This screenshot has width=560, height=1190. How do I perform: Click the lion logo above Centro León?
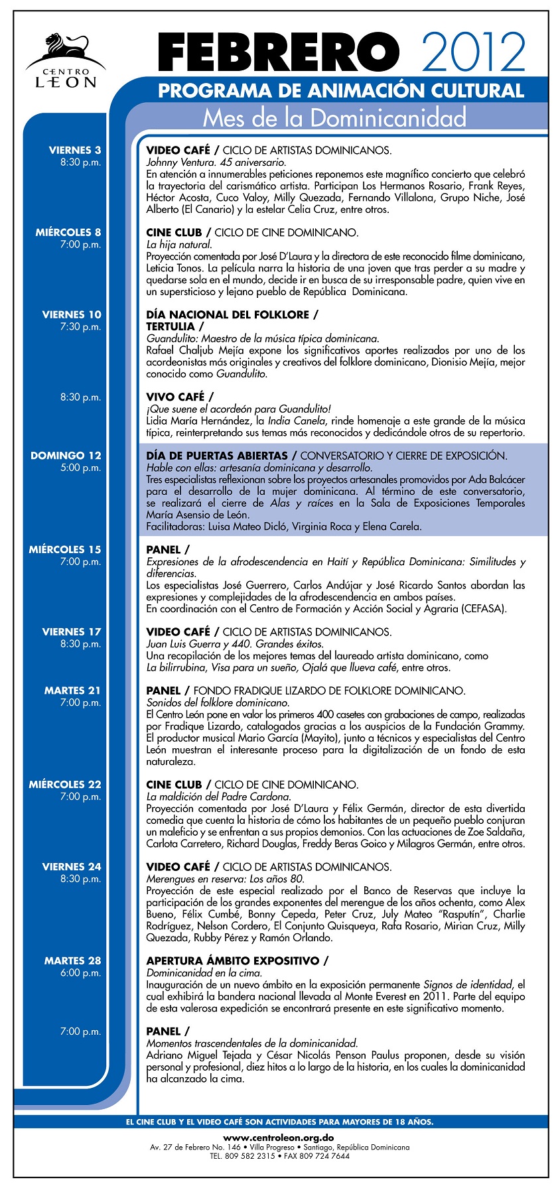(66, 48)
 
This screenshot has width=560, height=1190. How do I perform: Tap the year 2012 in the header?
(473, 52)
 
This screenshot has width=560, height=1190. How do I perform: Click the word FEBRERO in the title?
(279, 53)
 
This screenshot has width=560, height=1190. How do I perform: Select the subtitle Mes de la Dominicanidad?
(334, 117)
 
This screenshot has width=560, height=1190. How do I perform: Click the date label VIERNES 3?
(75, 151)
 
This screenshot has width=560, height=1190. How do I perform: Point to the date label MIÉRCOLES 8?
(68, 233)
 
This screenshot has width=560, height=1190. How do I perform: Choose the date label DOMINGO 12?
(66, 456)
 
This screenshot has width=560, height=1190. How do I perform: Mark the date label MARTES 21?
(73, 691)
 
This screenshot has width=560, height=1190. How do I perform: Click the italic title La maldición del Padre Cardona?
(218, 796)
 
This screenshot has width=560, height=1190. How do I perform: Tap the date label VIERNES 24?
(72, 867)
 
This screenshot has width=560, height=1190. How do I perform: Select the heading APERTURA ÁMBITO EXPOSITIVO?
(233, 960)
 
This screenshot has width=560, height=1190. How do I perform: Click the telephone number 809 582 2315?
(251, 1156)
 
